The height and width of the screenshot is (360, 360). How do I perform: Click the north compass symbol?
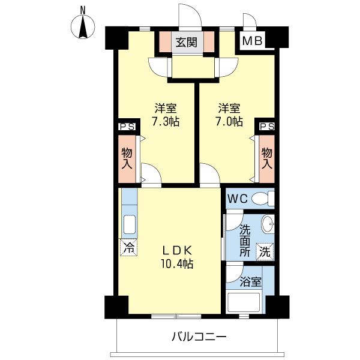(x=83, y=27)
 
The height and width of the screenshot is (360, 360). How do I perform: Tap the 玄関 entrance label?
(x=187, y=42)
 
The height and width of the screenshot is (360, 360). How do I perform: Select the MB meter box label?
(x=253, y=41)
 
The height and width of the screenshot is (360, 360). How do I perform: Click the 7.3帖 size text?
(x=166, y=121)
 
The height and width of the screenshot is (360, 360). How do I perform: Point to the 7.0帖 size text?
(x=229, y=121)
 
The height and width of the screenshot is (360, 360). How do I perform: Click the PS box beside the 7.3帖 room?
(x=127, y=127)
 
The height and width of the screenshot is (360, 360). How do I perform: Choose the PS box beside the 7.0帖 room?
(x=266, y=127)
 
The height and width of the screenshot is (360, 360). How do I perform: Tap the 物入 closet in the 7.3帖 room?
(x=127, y=158)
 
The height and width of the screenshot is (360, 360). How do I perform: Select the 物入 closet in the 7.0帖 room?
(x=267, y=158)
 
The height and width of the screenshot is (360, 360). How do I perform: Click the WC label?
(x=238, y=199)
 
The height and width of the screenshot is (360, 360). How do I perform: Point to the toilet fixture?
(x=263, y=199)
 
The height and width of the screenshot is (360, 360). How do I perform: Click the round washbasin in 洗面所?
(x=268, y=224)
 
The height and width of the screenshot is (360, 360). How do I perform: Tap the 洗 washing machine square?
(x=265, y=251)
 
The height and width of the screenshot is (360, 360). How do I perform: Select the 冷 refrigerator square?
(x=128, y=247)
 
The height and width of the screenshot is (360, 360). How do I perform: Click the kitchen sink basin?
(x=130, y=224)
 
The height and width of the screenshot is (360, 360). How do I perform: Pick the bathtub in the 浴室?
(x=244, y=302)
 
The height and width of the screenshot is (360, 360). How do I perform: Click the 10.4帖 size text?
(x=176, y=264)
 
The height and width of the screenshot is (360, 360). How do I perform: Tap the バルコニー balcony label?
(x=199, y=337)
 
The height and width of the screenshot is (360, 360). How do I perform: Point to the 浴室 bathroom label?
(x=250, y=281)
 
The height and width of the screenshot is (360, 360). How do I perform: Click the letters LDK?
(x=177, y=251)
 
